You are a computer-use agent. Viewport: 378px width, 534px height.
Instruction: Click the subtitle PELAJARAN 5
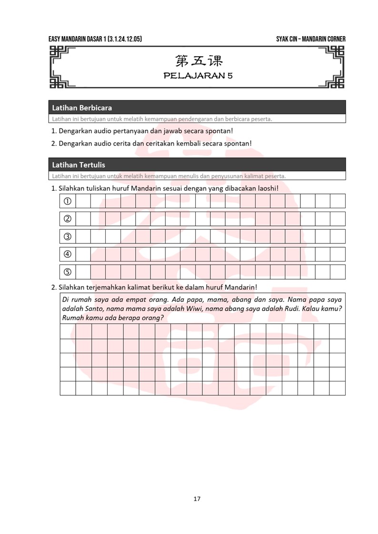tap(198, 76)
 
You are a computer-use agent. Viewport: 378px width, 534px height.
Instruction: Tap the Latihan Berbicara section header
tap(82, 108)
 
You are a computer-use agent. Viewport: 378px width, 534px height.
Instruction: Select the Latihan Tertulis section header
tap(79, 165)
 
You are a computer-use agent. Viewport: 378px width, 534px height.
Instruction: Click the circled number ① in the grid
tap(68, 201)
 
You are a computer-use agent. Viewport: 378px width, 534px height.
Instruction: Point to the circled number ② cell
tap(68, 219)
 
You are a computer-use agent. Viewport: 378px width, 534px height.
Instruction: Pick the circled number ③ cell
tap(68, 236)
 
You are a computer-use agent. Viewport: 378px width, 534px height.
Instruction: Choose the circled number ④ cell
tap(68, 254)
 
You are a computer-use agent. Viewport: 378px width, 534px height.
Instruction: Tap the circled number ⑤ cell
tap(68, 272)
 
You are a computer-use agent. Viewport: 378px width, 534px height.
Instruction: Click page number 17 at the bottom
tap(197, 499)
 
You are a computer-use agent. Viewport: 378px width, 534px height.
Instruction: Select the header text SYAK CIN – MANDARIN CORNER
tap(310, 39)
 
